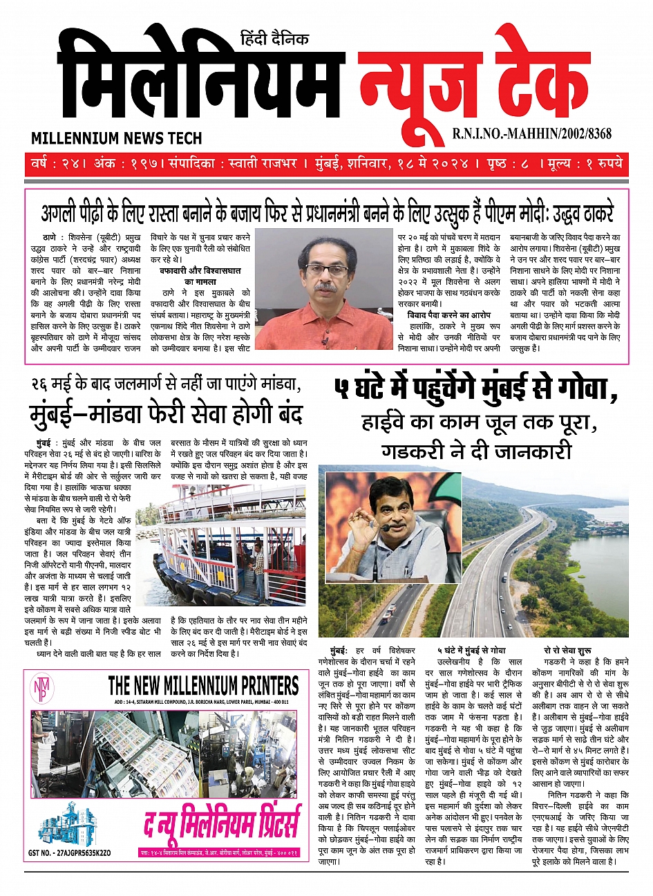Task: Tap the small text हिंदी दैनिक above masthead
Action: point(274,39)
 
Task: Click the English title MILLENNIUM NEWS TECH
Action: point(116,138)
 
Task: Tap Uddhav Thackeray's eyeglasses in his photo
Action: point(325,270)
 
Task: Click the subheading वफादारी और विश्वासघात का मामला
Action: point(200,277)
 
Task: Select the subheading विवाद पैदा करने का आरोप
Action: point(448,315)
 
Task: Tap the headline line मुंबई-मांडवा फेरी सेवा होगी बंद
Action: point(166,416)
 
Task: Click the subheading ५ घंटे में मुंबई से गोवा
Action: point(471,651)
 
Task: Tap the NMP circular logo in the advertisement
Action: point(40,689)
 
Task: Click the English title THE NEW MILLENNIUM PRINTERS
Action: point(203,686)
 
